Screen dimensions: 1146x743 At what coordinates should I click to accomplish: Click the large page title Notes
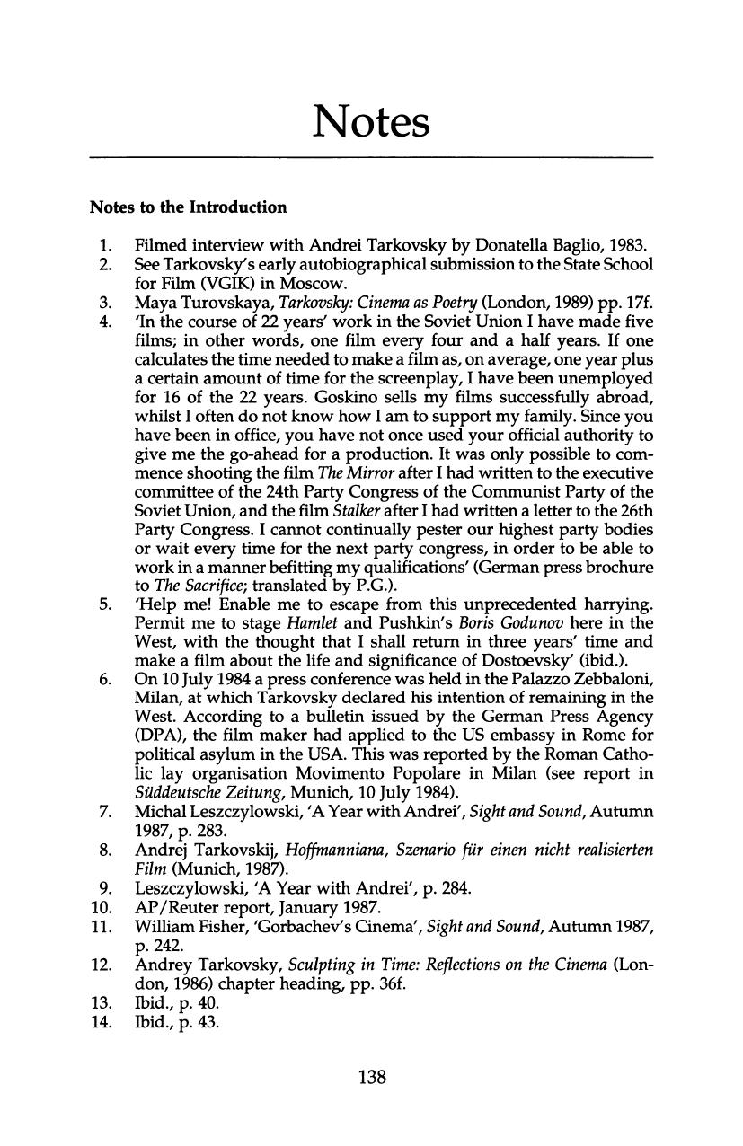[x=371, y=122]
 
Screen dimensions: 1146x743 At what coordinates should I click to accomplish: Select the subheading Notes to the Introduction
[x=188, y=207]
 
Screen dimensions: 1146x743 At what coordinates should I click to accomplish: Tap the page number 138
[x=371, y=1076]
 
